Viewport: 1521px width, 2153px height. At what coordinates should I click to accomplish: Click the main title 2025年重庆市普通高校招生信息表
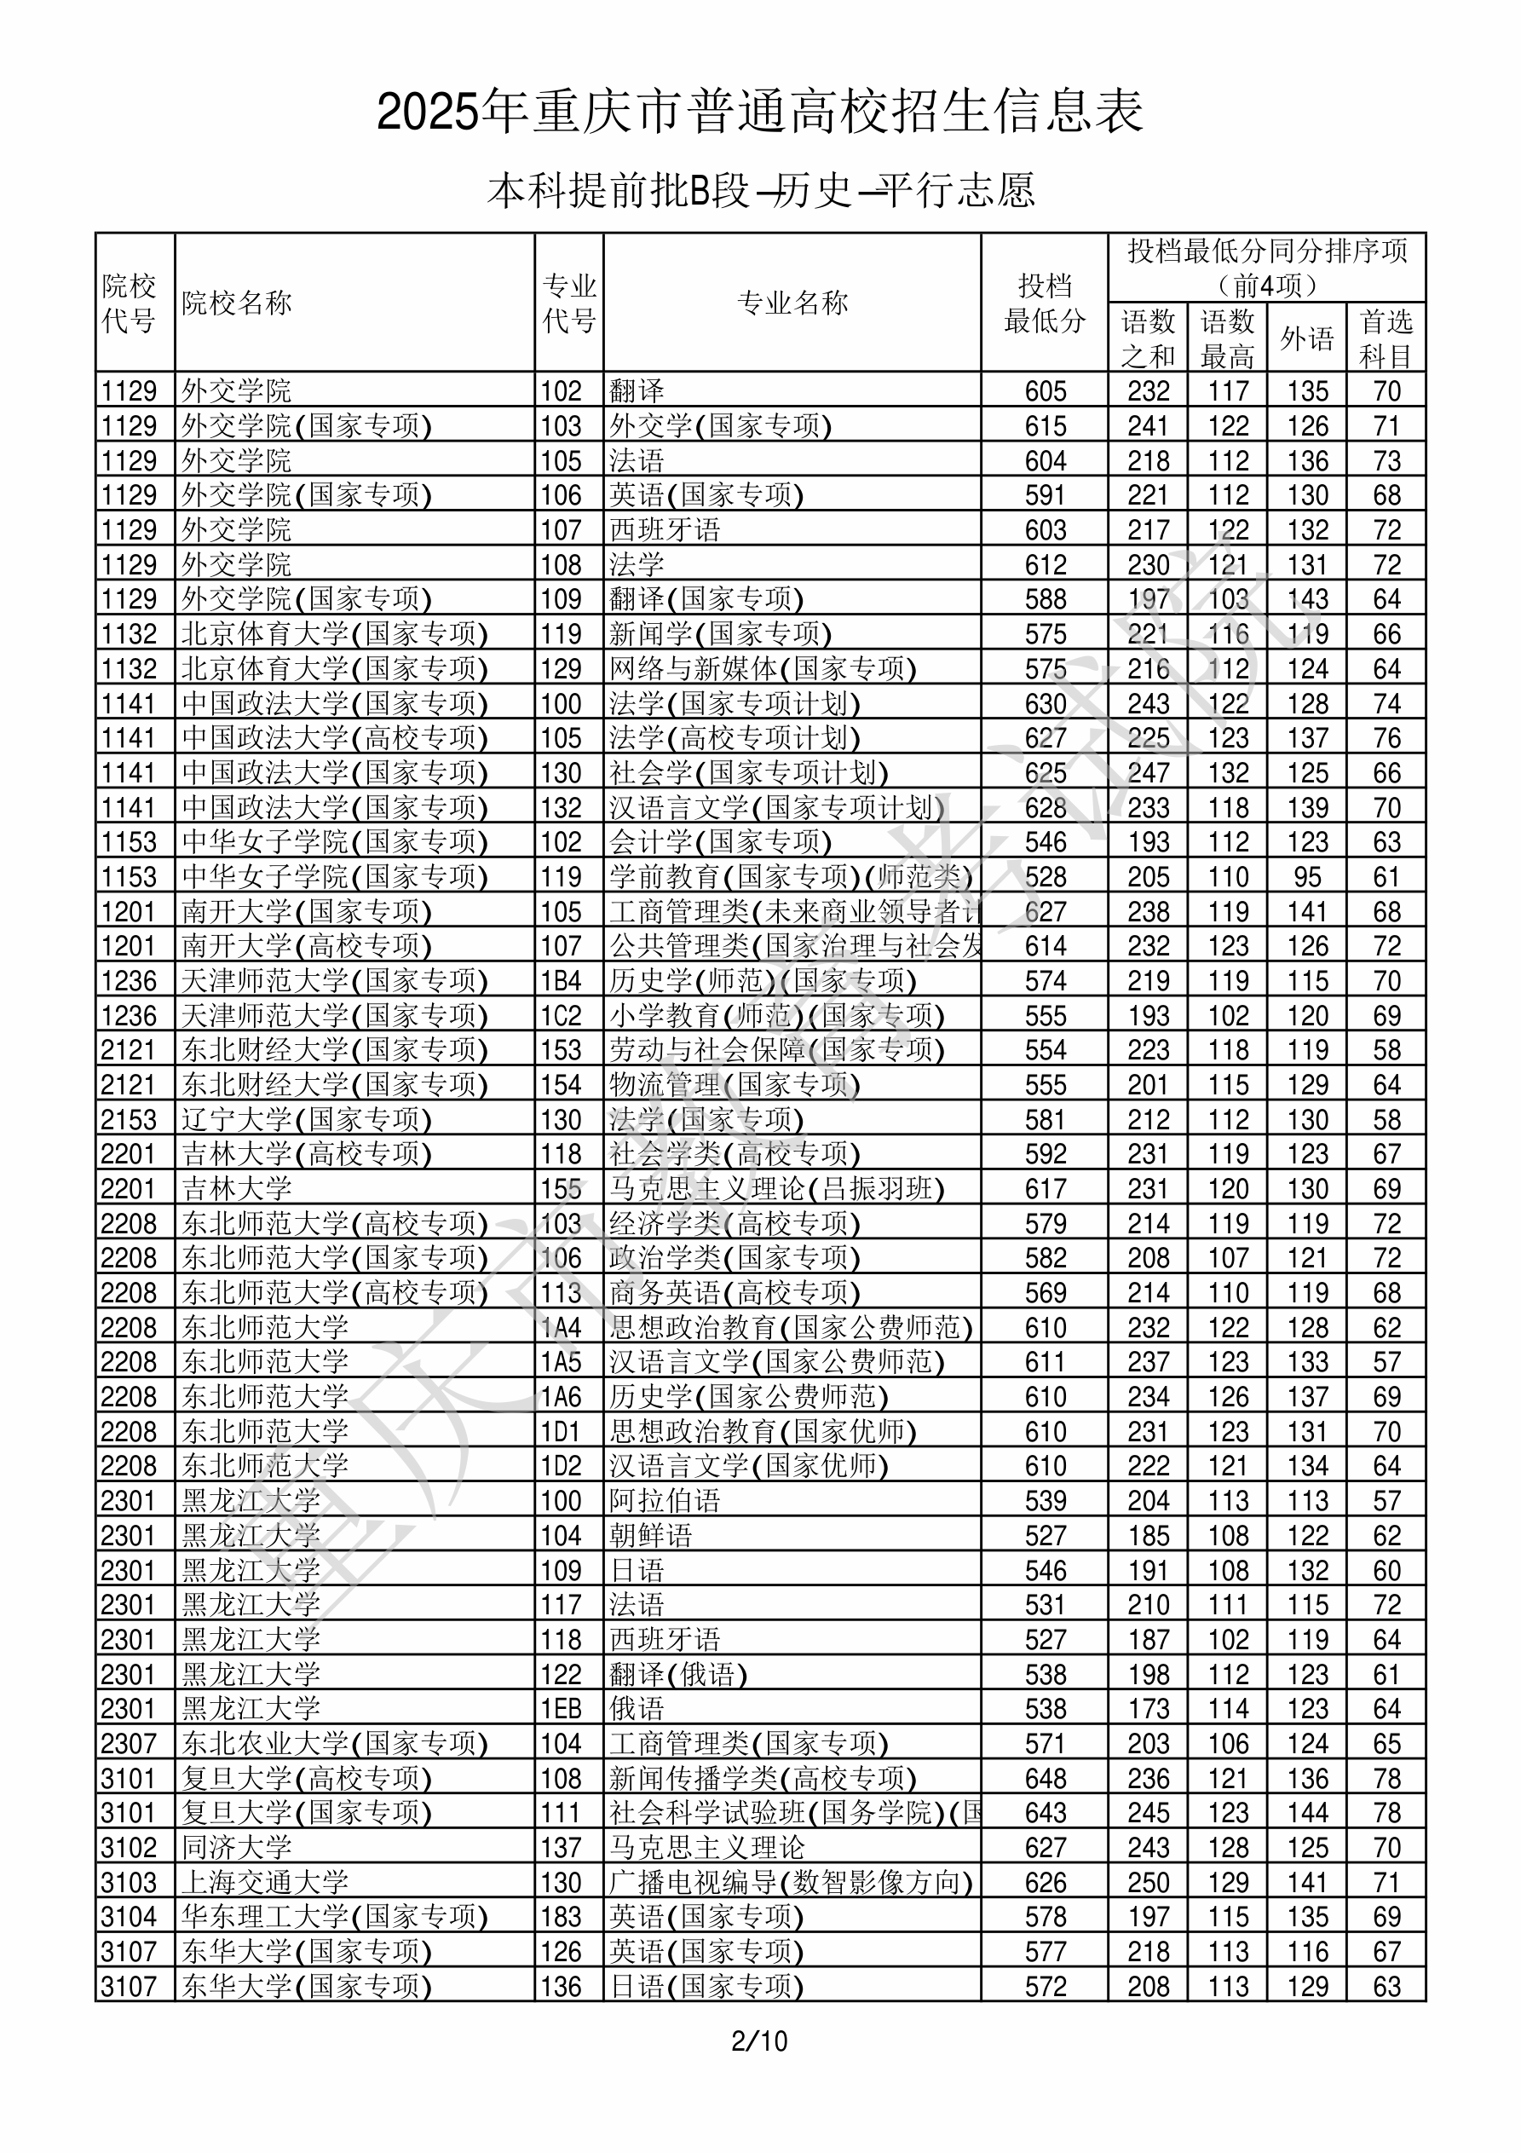(x=759, y=113)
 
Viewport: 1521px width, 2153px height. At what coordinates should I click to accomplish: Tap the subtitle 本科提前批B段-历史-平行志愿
(x=760, y=191)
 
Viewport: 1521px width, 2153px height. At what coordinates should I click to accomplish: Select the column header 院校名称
(x=237, y=303)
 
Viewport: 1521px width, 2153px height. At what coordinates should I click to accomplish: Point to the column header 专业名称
(x=792, y=303)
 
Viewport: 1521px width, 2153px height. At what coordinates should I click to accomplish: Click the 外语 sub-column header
(x=1307, y=338)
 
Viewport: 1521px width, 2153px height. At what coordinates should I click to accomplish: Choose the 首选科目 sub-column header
(x=1386, y=338)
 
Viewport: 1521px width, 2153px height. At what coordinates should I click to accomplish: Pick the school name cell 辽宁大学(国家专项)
(x=307, y=1119)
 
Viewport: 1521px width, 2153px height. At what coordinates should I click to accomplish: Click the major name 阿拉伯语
(x=665, y=1500)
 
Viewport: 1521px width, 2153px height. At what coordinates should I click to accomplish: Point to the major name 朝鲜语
(x=651, y=1535)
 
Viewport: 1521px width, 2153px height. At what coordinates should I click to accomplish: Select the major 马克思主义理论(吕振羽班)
(x=776, y=1188)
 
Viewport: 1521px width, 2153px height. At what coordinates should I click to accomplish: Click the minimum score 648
(x=1046, y=1778)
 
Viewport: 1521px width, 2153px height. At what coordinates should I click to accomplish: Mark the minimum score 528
(x=1046, y=877)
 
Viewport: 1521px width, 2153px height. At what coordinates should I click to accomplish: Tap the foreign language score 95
(x=1307, y=877)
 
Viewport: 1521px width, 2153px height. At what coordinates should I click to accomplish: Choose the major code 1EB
(x=561, y=1709)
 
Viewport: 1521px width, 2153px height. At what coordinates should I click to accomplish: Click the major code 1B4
(x=561, y=981)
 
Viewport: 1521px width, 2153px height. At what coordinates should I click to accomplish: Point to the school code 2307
(x=130, y=1743)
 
